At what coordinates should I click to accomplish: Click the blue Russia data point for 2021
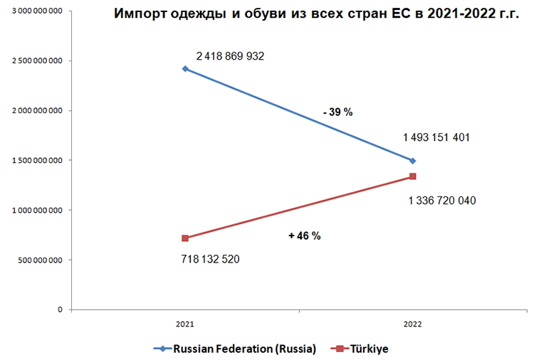pyautogui.click(x=185, y=69)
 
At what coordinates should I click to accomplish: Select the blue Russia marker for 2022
pyautogui.click(x=413, y=161)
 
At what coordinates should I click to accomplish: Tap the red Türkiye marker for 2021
pyautogui.click(x=185, y=238)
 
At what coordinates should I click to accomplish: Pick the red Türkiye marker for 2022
pyautogui.click(x=413, y=176)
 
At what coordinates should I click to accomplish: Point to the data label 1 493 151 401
pyautogui.click(x=436, y=138)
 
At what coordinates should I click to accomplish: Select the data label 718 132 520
pyautogui.click(x=211, y=259)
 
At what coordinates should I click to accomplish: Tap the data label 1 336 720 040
pyautogui.click(x=442, y=201)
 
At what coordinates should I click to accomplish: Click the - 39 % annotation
pyautogui.click(x=337, y=112)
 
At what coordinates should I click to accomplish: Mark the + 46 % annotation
pyautogui.click(x=305, y=235)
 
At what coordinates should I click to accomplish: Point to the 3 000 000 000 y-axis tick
pyautogui.click(x=37, y=11)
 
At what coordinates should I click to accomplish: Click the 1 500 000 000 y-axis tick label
pyautogui.click(x=37, y=161)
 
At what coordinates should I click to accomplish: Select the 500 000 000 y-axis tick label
pyautogui.click(x=40, y=260)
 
